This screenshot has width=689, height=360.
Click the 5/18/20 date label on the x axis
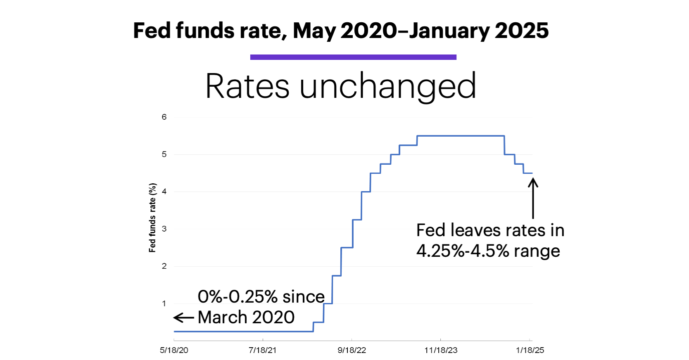[x=174, y=350]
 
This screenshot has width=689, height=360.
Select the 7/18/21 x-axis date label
[x=262, y=350]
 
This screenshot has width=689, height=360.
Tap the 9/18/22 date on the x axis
[x=352, y=350]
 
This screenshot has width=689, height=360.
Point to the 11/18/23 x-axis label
[x=441, y=350]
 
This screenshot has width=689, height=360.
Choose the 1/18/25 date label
[x=530, y=350]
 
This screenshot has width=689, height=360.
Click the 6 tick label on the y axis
[x=164, y=117]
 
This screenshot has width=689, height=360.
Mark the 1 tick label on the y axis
[x=164, y=303]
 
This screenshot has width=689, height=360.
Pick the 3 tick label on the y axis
[x=164, y=229]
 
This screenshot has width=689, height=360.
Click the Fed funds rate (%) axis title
[x=152, y=218]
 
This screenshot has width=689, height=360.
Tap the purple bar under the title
[x=353, y=57]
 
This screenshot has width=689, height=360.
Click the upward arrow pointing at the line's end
[x=533, y=198]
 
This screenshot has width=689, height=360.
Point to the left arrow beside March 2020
[x=183, y=317]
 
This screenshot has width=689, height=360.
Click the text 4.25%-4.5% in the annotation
[x=462, y=251]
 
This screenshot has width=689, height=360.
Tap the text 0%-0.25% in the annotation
[x=238, y=296]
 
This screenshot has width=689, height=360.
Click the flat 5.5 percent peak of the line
[x=461, y=136]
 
